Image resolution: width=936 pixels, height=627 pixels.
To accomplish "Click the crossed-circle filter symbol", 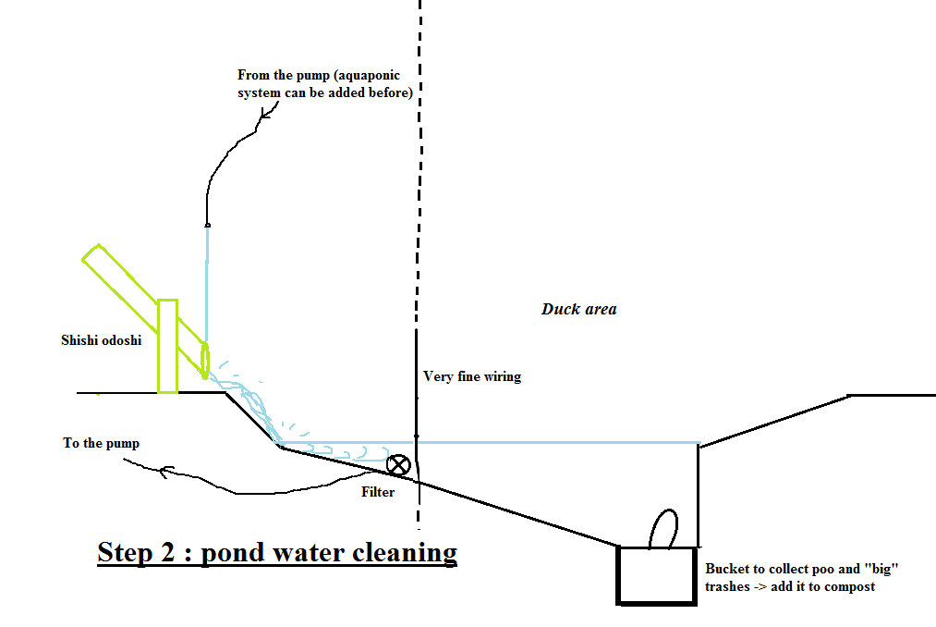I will (x=398, y=464).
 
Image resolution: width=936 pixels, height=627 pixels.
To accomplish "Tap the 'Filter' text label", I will (x=378, y=492).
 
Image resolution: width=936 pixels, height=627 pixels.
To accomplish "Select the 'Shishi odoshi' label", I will (x=102, y=340).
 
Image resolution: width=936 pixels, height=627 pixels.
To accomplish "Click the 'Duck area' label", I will (x=578, y=309).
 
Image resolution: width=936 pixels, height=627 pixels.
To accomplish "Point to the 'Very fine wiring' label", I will (x=471, y=376).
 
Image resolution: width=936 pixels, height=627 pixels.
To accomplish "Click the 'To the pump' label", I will (x=102, y=443).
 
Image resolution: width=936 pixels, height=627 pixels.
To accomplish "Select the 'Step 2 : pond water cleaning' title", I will (x=277, y=552).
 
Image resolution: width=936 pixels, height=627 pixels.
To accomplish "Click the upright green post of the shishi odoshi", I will (x=167, y=346).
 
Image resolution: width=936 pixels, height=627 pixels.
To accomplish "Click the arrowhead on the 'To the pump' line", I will (x=164, y=473).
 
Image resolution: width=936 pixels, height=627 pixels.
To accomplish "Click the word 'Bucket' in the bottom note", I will (x=726, y=569).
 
